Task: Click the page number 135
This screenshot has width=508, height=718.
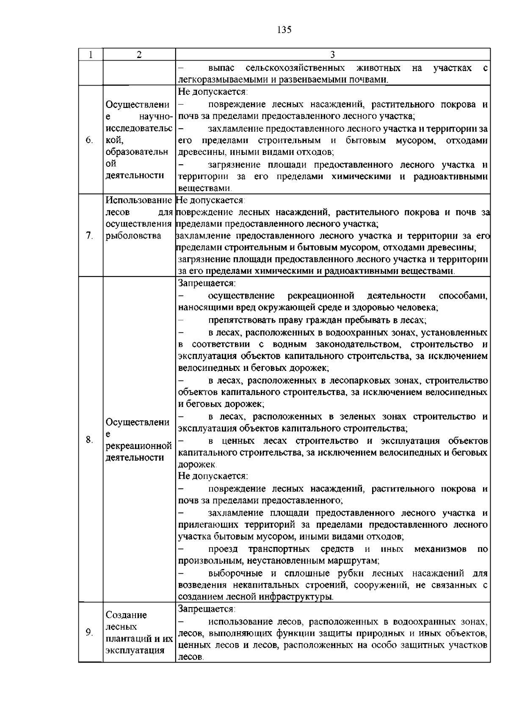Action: [284, 30]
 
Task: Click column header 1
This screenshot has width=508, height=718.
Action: [91, 55]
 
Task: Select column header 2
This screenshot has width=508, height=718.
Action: [139, 55]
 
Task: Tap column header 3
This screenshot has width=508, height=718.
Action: [333, 55]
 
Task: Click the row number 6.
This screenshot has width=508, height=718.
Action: [89, 140]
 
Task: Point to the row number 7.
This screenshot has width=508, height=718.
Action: [89, 236]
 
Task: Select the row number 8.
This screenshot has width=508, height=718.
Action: [89, 440]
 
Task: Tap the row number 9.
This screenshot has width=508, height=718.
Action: [89, 632]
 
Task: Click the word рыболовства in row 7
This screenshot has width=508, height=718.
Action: [133, 236]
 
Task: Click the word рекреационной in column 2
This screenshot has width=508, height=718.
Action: [139, 446]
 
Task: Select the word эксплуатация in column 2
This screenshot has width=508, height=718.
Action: [135, 650]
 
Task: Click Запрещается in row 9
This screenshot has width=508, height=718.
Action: [207, 609]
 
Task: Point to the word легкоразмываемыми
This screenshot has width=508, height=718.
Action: [220, 80]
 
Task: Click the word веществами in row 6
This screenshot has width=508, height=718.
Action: [204, 188]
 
